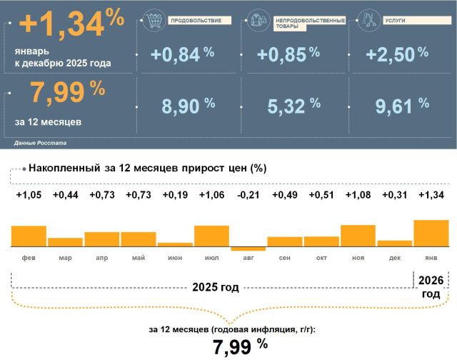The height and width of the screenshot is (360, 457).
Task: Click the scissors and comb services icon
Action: pos(368,19)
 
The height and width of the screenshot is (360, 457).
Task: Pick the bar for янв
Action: pos(431,233)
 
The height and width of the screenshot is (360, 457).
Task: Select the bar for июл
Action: pos(211,236)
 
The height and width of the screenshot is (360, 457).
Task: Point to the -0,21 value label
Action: pos(248,196)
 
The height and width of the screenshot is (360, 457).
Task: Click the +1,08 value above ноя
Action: pos(358,196)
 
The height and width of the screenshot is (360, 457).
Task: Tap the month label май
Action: pos(138,256)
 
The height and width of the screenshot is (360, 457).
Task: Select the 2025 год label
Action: pos(216,288)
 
